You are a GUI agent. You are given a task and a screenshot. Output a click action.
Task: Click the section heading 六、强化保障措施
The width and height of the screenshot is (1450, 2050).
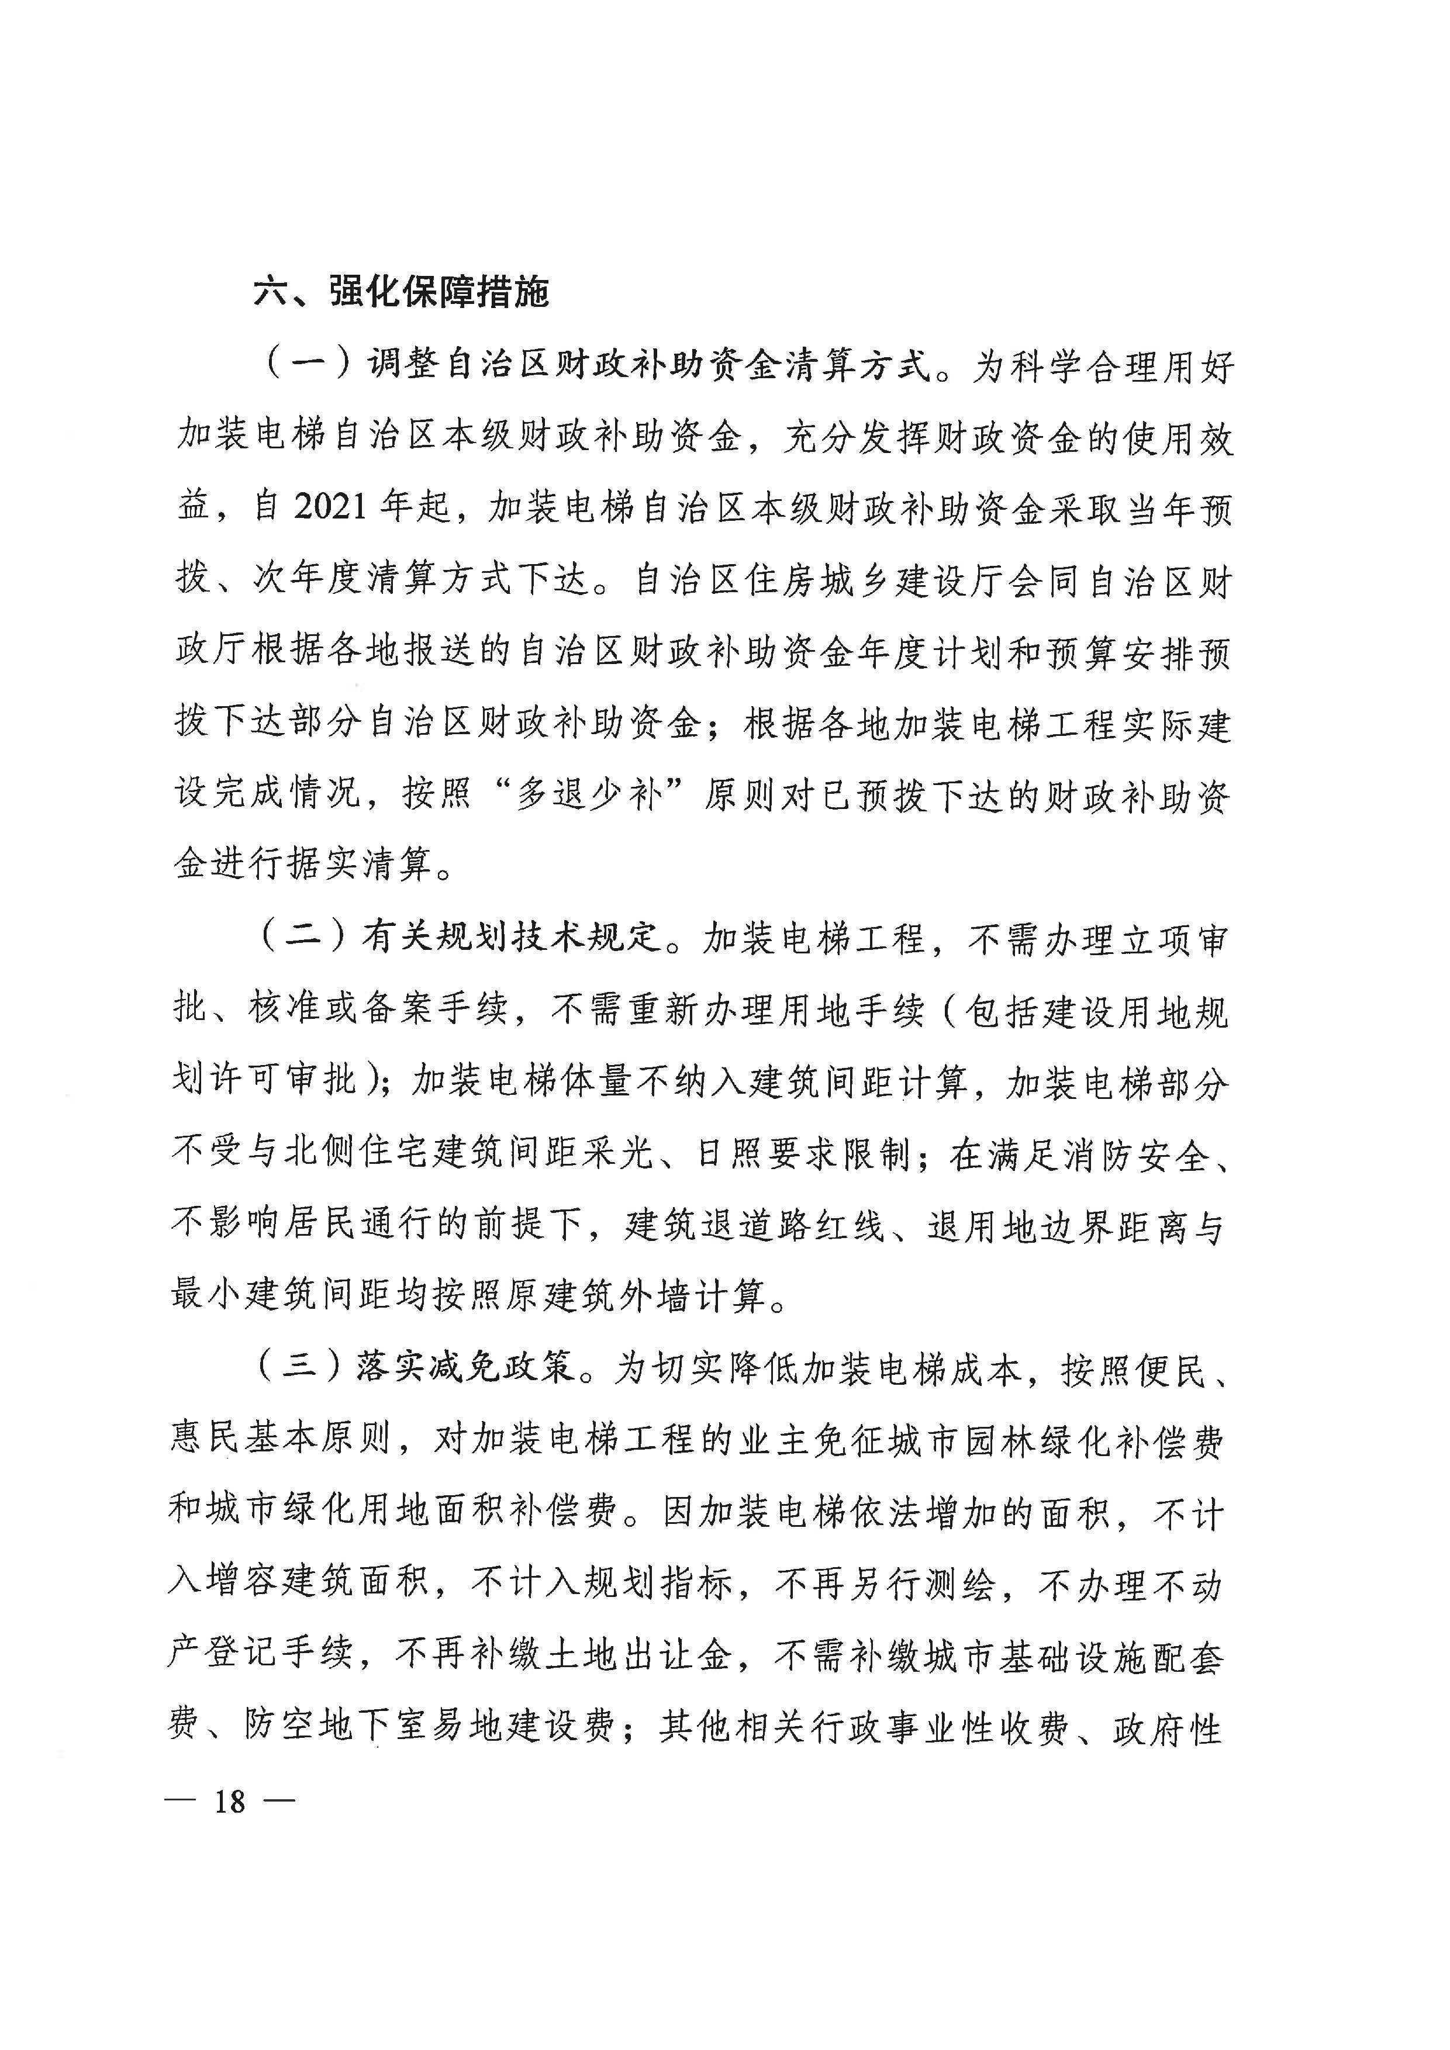[401, 291]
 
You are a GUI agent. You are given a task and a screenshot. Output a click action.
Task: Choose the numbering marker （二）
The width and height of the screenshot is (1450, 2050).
[301, 938]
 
